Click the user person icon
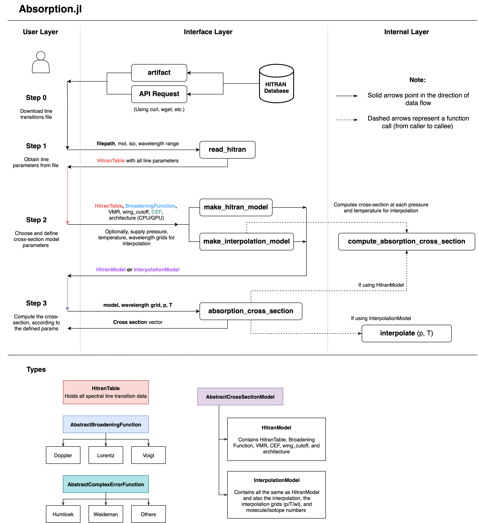pos(41,62)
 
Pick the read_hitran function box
pos(227,150)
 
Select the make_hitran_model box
pos(236,207)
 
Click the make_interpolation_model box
pos(246,242)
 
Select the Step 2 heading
pos(36,220)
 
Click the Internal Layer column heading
pos(406,32)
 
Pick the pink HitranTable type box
pos(106,392)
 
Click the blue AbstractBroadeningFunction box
pos(106,424)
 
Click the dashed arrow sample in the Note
pos(347,120)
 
